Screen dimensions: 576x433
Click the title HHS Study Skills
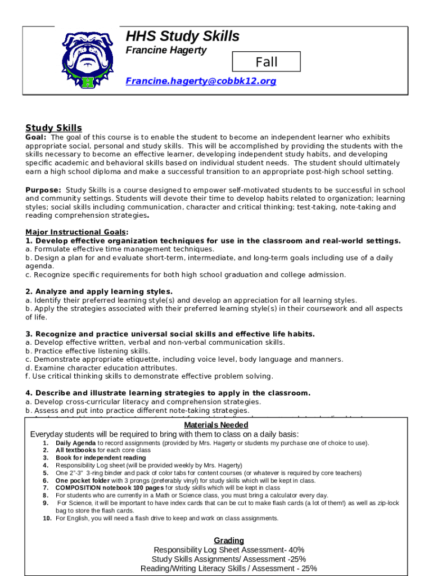click(x=182, y=37)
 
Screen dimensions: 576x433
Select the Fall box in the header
click(x=267, y=62)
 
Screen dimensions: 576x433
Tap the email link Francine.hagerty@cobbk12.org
click(x=201, y=81)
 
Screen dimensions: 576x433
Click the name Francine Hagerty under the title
click(x=166, y=51)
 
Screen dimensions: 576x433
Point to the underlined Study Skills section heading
click(x=53, y=128)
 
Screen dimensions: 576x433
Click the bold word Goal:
click(x=36, y=137)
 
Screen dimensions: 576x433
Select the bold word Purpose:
click(x=43, y=190)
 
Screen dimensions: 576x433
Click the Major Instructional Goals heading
click(x=76, y=232)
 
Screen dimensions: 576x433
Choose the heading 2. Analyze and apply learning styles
click(x=99, y=291)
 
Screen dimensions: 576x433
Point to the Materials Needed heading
click(x=216, y=425)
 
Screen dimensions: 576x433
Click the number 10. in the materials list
click(x=47, y=518)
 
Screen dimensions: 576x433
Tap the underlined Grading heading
click(x=229, y=541)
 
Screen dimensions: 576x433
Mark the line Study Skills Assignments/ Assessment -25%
click(x=228, y=559)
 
